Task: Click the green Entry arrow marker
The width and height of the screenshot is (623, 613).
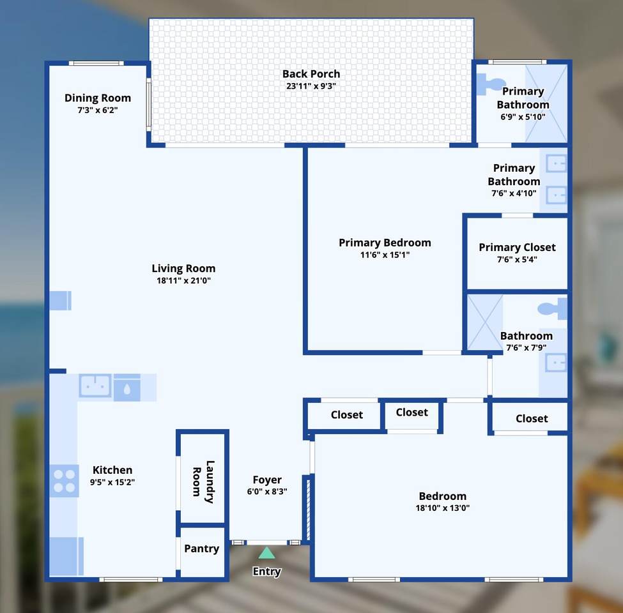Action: [x=266, y=552]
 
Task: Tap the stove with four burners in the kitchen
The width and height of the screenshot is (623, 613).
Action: [x=65, y=481]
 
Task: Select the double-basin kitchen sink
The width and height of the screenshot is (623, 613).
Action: [x=95, y=386]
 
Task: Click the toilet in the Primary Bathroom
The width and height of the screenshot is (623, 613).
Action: [x=489, y=84]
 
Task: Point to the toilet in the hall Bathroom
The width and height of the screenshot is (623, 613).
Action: [x=553, y=309]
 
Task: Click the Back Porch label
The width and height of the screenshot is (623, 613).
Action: [x=311, y=74]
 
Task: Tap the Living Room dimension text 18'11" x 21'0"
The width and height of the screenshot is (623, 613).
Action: [x=183, y=280]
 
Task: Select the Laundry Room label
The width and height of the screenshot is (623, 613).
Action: [x=203, y=482]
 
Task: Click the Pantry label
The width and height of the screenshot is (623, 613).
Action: [x=201, y=549]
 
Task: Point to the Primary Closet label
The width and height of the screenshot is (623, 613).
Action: [x=517, y=247]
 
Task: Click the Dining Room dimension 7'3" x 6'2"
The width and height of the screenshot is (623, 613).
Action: [x=98, y=110]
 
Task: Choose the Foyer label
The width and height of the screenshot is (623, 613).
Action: [x=267, y=480]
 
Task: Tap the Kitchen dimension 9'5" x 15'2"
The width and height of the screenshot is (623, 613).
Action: [x=112, y=482]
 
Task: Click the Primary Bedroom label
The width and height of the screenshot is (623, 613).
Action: [x=385, y=243]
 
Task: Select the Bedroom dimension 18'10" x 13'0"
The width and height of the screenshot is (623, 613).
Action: [x=443, y=508]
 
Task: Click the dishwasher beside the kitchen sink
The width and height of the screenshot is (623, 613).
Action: [x=127, y=387]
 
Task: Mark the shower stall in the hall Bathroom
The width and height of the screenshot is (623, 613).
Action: [x=485, y=322]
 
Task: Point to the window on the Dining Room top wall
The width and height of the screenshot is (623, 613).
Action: [x=96, y=63]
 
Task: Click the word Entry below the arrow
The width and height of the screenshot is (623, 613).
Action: [x=266, y=571]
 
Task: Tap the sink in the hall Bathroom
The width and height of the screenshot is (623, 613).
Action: [x=555, y=363]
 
